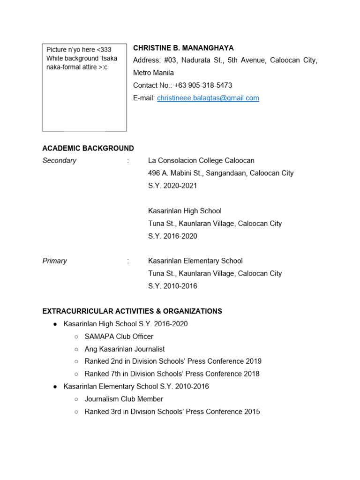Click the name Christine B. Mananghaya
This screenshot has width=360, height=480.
click(183, 48)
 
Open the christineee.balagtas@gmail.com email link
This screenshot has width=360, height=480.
click(208, 98)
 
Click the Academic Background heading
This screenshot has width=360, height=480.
click(88, 148)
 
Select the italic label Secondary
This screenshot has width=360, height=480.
click(59, 160)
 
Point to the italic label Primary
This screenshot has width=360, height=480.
click(55, 261)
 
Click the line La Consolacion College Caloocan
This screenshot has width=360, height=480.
click(201, 160)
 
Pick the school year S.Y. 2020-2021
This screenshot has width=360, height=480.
click(172, 186)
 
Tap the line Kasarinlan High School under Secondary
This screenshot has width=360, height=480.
click(185, 211)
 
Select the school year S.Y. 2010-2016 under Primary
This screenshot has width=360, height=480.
click(172, 286)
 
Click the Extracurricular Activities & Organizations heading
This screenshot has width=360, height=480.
click(132, 311)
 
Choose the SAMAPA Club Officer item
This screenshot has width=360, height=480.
click(119, 337)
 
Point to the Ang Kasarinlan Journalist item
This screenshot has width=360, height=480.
click(125, 349)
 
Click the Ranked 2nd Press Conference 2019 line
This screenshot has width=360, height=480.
click(173, 361)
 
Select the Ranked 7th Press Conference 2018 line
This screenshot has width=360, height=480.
click(172, 374)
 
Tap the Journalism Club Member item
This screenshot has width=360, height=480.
click(124, 399)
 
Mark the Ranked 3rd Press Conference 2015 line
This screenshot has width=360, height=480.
click(172, 412)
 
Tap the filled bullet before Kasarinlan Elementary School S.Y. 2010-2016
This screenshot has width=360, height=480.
click(55, 387)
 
